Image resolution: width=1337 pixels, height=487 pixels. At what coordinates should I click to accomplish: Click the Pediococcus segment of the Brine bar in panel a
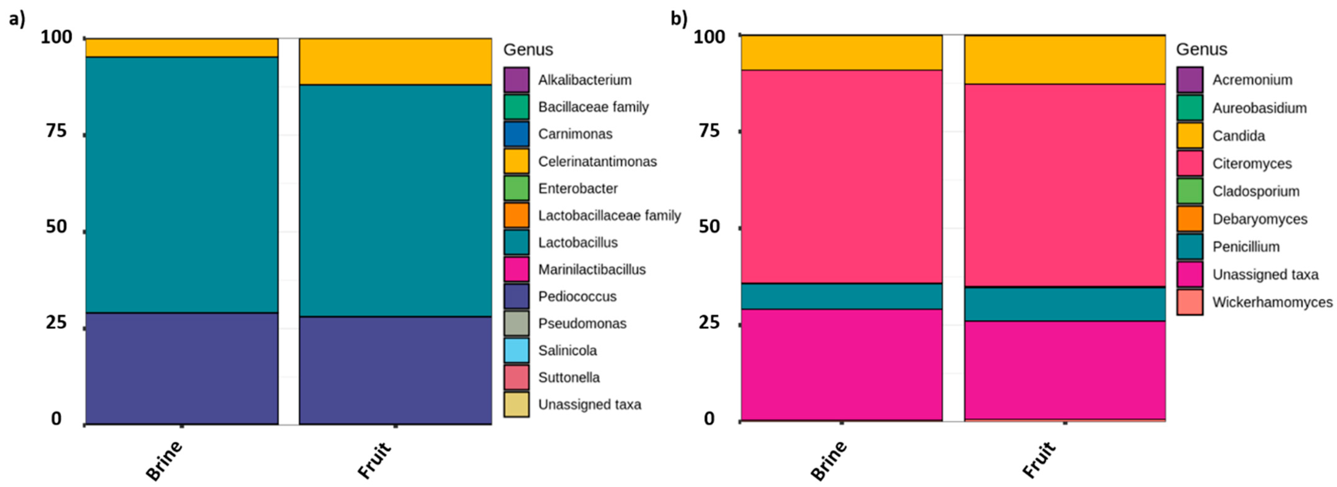182,369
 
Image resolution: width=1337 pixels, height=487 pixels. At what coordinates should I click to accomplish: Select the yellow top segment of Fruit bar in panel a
395,61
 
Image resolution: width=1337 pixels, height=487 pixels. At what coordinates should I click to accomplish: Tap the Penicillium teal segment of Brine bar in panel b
841,296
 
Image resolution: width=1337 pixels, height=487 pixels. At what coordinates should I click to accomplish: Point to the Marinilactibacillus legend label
592,270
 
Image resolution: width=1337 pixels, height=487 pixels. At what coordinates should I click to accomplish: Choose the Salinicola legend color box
516,350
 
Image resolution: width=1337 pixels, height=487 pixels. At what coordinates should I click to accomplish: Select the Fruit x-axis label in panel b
1039,459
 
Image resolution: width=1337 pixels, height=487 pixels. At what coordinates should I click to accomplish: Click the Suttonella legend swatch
516,377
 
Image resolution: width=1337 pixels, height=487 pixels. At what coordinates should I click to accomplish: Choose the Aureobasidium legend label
1259,108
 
